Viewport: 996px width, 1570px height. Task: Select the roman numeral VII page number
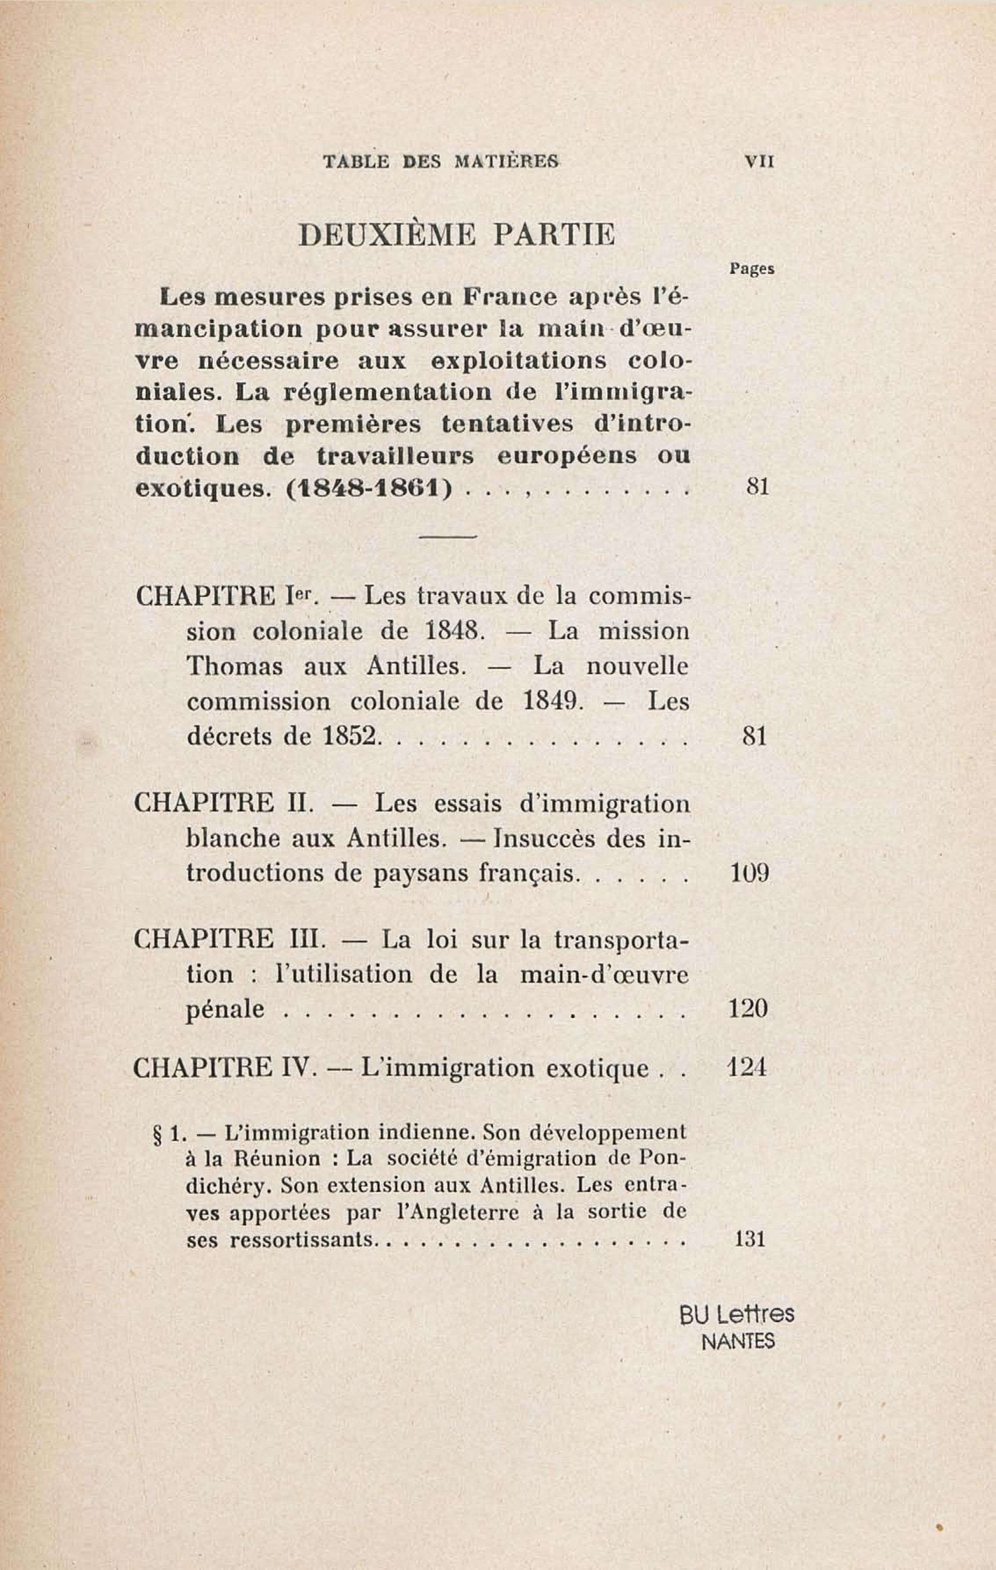[759, 162]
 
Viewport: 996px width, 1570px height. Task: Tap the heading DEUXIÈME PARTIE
[456, 236]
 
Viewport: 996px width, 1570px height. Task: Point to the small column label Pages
[752, 269]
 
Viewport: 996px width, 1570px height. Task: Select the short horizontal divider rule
[449, 537]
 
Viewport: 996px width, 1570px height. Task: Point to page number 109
[750, 873]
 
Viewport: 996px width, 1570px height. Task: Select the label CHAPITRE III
[225, 940]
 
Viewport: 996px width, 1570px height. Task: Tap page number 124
[747, 1068]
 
